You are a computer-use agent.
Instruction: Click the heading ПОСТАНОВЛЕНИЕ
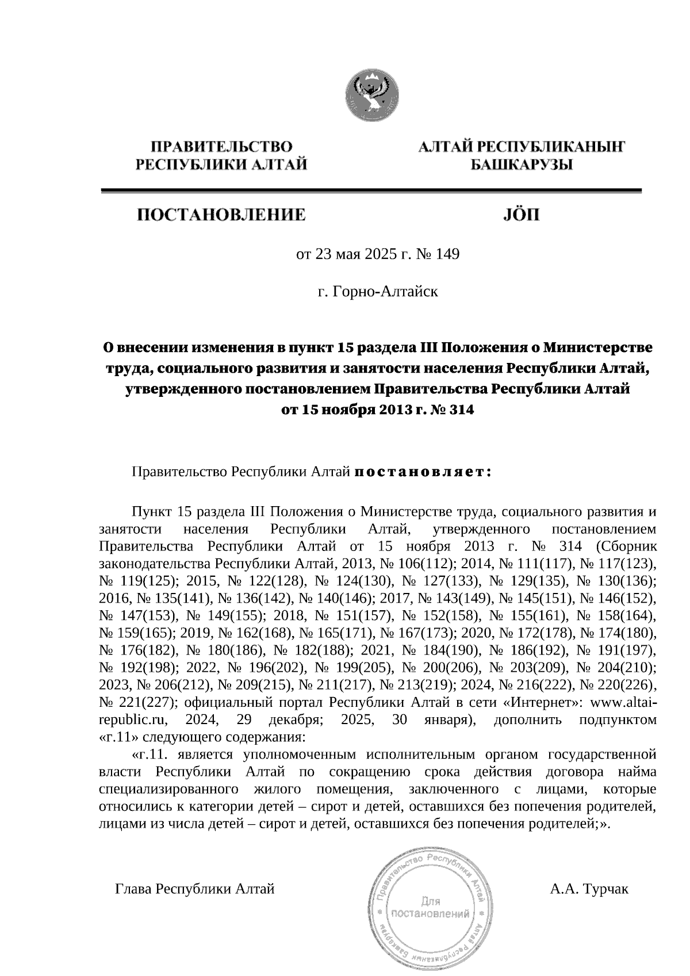pos(221,216)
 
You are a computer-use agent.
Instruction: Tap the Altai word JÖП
pos(522,216)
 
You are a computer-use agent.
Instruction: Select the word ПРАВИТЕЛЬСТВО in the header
pos(221,147)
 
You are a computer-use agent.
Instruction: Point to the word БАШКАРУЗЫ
pos(522,166)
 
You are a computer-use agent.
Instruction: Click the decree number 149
pos(448,254)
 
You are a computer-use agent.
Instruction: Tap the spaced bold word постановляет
pos(422,472)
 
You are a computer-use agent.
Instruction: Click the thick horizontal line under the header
pos(371,191)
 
